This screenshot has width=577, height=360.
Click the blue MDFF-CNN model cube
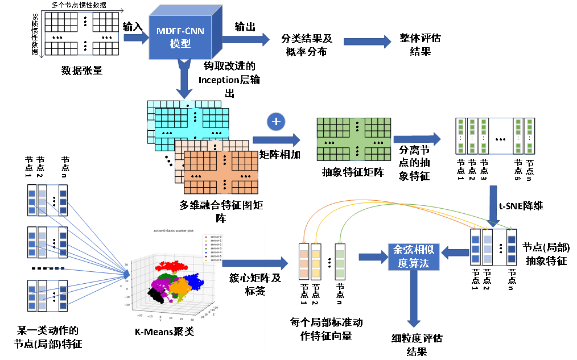pyautogui.click(x=180, y=38)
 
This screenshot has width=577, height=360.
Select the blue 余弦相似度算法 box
pyautogui.click(x=414, y=256)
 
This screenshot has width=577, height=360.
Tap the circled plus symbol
pyautogui.click(x=276, y=122)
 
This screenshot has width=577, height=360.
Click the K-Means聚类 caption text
pyautogui.click(x=164, y=332)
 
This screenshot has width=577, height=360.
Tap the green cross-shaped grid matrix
pyautogui.click(x=354, y=139)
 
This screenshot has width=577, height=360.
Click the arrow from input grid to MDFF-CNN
pyautogui.click(x=135, y=38)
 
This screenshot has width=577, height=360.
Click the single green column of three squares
pyautogui.click(x=340, y=263)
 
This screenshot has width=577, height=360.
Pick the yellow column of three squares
pyautogui.click(x=316, y=263)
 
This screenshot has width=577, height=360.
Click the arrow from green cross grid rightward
pyautogui.click(x=417, y=139)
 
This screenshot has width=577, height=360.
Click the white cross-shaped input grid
pyautogui.click(x=82, y=34)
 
